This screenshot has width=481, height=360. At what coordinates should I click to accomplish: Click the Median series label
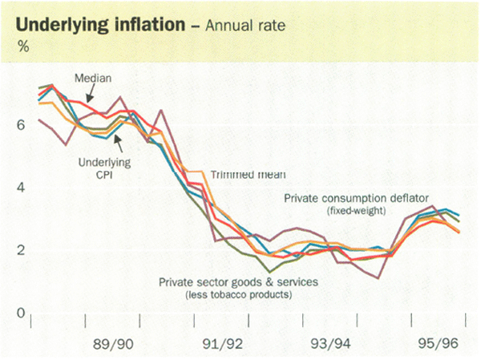[x=92, y=78]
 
